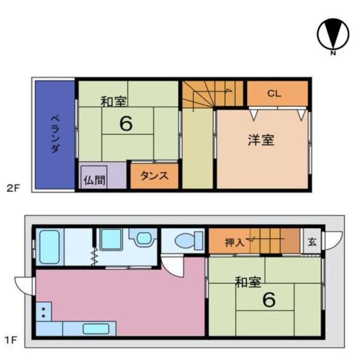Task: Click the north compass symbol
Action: (x=333, y=34)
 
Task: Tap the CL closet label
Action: (x=274, y=94)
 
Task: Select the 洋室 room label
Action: (x=261, y=140)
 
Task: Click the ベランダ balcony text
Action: (x=56, y=135)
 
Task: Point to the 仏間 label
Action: (x=94, y=180)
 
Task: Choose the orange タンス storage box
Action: (x=155, y=176)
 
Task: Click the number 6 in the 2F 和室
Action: (x=126, y=124)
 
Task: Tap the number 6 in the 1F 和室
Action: (x=269, y=300)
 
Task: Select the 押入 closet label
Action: (x=234, y=243)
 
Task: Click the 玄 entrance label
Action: (x=312, y=242)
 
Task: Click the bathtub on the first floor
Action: (x=50, y=247)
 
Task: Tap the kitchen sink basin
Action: (x=96, y=329)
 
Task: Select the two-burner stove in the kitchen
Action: (x=43, y=311)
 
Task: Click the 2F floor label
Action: (x=13, y=188)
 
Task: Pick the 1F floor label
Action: (x=11, y=340)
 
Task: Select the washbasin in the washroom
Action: (x=143, y=238)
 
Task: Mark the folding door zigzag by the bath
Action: (x=94, y=256)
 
